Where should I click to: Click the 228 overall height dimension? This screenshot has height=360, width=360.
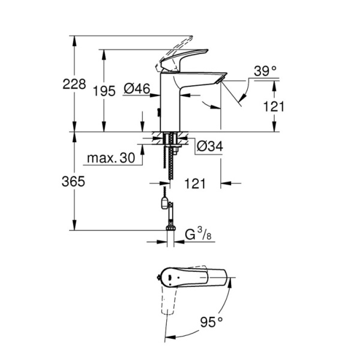point(75,84)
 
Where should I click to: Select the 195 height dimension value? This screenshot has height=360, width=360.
point(105,91)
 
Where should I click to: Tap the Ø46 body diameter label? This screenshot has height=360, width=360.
point(137,89)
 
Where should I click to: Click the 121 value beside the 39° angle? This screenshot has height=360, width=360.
point(274,106)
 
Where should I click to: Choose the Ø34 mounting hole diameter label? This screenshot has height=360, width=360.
point(209,145)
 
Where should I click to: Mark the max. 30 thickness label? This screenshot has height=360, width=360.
point(110,158)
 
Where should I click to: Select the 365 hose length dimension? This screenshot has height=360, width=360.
point(75,181)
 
